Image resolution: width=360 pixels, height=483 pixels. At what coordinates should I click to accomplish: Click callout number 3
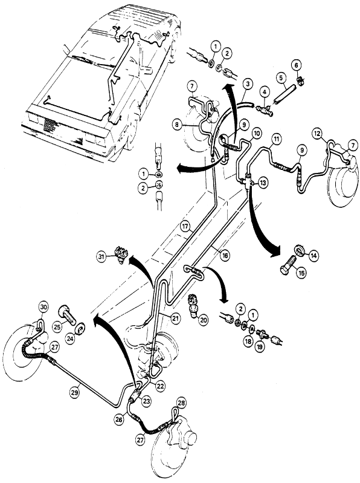tap(248, 83)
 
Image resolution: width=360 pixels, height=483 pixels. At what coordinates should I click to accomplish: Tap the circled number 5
tap(281, 78)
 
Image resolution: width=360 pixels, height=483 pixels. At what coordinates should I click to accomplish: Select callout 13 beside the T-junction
tap(263, 183)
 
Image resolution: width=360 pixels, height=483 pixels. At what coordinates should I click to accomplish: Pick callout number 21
tap(175, 318)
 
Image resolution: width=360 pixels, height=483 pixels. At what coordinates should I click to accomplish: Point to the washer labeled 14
tap(301, 250)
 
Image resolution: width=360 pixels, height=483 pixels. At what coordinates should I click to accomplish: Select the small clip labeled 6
tap(300, 81)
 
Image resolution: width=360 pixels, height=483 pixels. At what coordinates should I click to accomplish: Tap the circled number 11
tap(276, 139)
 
